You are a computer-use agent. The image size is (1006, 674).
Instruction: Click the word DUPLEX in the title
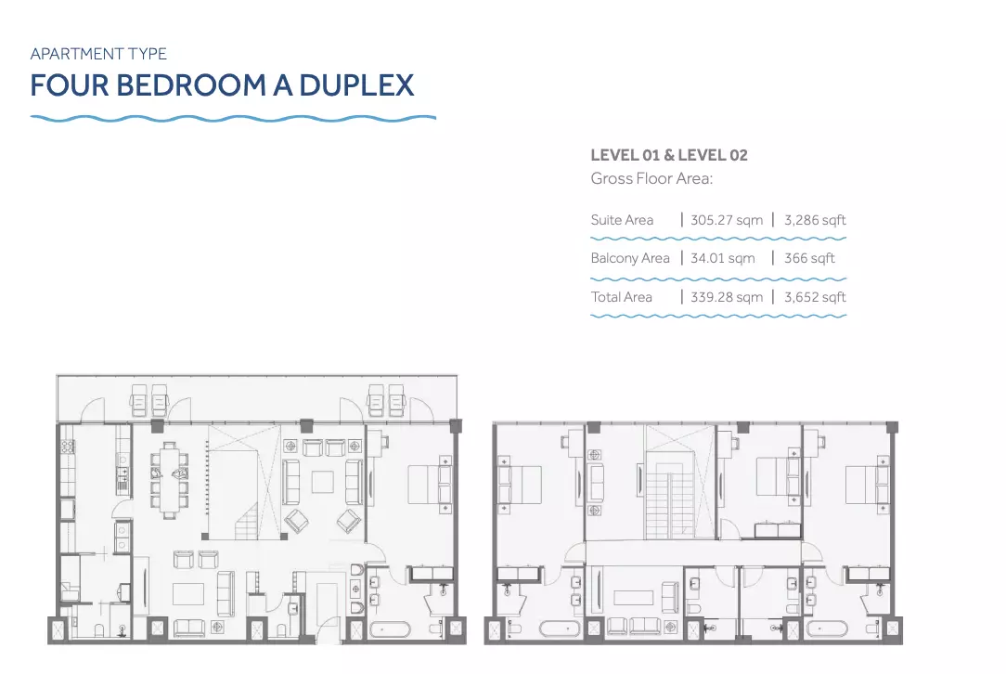[356, 85]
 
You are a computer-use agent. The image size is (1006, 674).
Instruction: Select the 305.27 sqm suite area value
[727, 220]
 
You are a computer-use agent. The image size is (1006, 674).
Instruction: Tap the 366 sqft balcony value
[809, 258]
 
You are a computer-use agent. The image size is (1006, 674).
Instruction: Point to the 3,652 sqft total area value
[815, 297]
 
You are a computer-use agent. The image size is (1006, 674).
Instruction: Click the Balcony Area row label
[630, 258]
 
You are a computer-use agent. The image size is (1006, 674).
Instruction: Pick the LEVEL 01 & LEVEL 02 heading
[669, 155]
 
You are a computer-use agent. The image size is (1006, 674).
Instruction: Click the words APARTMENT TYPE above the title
[98, 54]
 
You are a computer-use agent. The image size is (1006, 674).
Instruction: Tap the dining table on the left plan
[170, 480]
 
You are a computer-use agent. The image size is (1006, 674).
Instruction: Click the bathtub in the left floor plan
[390, 629]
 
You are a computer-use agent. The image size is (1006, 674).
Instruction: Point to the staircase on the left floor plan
[245, 521]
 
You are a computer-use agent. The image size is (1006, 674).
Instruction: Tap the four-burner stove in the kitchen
[68, 447]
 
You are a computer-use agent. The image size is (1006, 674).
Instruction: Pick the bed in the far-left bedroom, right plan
[521, 484]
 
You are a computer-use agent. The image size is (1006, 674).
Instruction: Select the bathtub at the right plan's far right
[827, 629]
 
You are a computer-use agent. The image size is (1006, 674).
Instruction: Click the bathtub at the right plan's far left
[560, 629]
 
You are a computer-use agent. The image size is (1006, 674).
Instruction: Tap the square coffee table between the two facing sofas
[323, 482]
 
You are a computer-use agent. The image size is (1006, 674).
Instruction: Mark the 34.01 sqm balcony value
[722, 258]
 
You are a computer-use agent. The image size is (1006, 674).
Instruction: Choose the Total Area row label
[621, 297]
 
